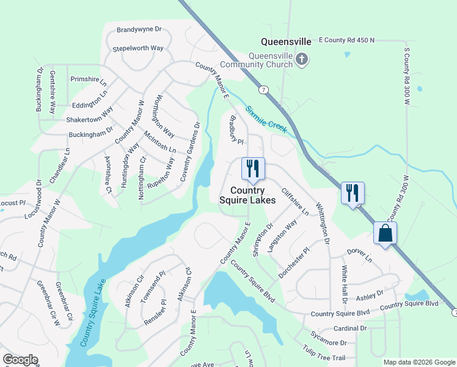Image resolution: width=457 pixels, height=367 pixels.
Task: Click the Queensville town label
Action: (x=286, y=42)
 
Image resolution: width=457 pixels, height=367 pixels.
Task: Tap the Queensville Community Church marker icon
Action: (x=301, y=59)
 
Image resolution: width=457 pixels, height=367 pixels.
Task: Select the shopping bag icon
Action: (x=385, y=233)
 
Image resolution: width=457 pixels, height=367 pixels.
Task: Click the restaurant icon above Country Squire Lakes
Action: (x=253, y=168)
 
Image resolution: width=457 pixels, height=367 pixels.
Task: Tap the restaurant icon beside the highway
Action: (x=353, y=193)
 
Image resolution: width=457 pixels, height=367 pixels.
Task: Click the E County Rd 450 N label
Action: (x=346, y=40)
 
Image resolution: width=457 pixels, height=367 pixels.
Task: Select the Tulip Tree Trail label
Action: (x=324, y=354)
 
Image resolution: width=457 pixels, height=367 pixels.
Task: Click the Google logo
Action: (x=20, y=360)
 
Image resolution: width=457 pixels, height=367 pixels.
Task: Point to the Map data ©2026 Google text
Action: (x=419, y=362)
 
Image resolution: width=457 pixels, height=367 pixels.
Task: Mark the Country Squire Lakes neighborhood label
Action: (x=247, y=195)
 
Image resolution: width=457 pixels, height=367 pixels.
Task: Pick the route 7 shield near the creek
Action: (x=262, y=90)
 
